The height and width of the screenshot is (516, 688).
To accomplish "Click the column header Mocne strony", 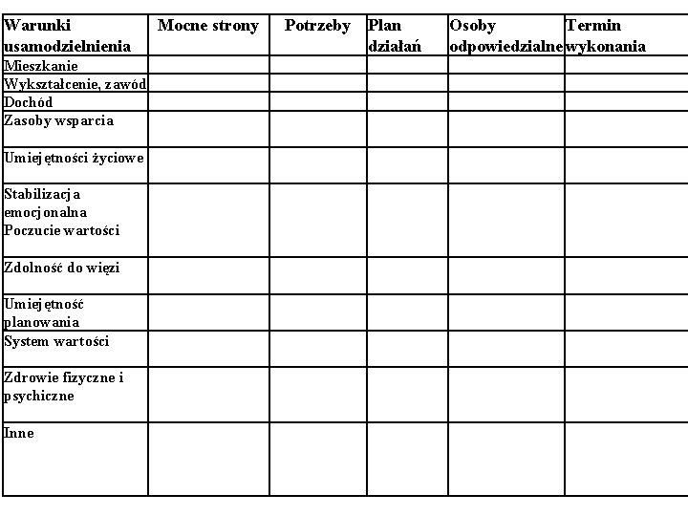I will [208, 26].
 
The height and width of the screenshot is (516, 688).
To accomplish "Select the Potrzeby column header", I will [317, 26].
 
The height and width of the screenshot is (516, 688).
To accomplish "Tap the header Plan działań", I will [394, 35].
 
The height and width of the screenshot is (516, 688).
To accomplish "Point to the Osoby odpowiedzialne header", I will [505, 35].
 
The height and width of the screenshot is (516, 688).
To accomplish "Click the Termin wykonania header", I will [606, 35].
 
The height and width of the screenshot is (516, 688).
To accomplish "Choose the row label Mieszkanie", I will [41, 66].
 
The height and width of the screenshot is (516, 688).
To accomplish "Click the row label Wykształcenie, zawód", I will [75, 84].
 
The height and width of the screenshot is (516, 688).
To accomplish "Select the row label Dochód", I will [29, 102].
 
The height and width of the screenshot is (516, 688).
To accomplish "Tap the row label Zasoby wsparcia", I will [58, 120].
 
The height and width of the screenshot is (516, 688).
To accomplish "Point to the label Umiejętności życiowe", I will [74, 158].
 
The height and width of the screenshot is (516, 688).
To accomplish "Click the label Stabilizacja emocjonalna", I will [45, 203].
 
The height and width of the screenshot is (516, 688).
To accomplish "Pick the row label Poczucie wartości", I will [62, 230].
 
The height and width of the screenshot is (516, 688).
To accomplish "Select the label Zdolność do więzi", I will [62, 268].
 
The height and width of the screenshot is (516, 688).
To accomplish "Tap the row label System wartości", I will [56, 341].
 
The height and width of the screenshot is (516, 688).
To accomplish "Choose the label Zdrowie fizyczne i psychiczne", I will [63, 386].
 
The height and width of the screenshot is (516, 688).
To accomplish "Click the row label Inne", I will [19, 433].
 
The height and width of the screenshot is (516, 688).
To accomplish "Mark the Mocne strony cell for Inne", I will [208, 459].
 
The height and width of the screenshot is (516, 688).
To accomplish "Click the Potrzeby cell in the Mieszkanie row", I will [317, 66].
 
